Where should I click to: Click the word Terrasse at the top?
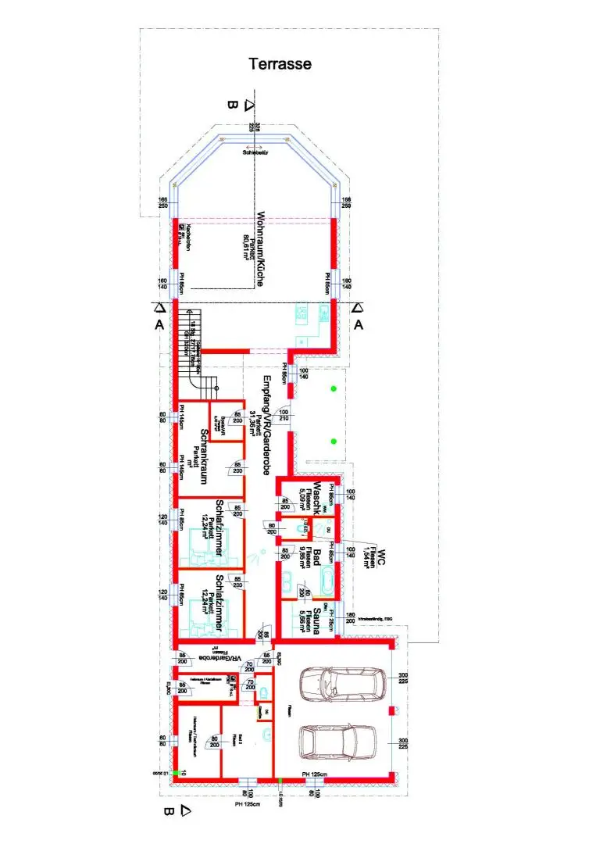pos(280,64)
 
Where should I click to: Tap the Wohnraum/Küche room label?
pos(261,248)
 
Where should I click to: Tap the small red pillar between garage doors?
pos(391,712)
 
